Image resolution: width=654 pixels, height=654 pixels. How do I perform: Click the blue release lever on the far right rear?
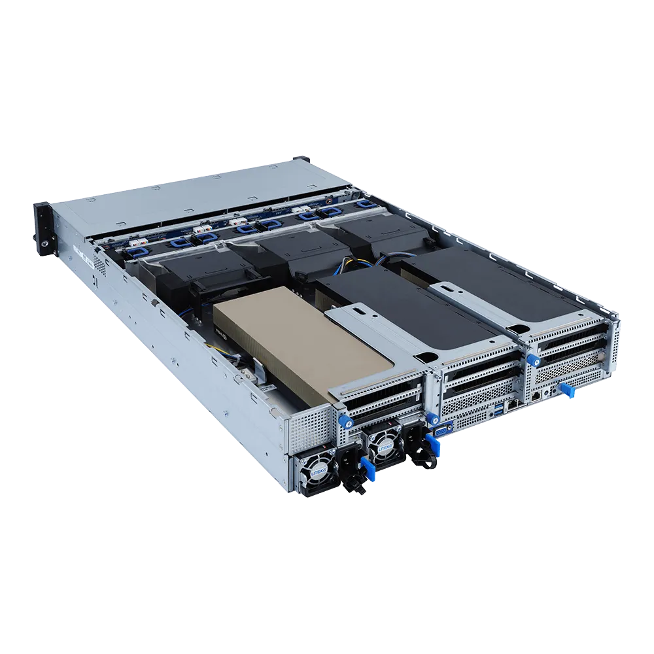click(567, 391)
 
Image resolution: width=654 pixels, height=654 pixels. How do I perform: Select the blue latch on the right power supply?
click(432, 445)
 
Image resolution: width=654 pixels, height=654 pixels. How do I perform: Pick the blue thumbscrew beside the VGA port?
click(432, 419)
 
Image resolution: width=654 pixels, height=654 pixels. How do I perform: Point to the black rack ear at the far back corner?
click(301, 160)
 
